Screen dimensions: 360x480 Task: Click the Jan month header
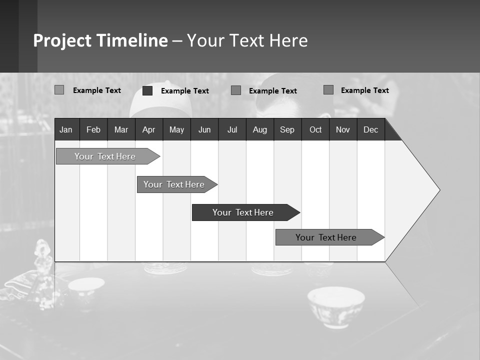66,129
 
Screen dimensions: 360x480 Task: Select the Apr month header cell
148,129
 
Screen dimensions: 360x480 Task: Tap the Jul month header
232,129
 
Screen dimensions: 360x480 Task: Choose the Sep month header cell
287,129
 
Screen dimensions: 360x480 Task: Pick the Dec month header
370,129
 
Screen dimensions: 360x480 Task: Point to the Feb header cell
93,129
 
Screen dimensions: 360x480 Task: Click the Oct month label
315,129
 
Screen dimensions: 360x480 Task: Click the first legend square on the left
59,90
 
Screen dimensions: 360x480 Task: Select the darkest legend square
147,90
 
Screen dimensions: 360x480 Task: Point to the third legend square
236,90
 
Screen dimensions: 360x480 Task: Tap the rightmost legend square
328,90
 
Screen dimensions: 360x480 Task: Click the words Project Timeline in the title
100,40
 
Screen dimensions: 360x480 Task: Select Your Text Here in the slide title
247,40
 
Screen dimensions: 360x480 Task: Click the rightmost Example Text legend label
364,90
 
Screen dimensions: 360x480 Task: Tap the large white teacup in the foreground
336,305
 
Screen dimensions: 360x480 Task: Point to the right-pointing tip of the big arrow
438,190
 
